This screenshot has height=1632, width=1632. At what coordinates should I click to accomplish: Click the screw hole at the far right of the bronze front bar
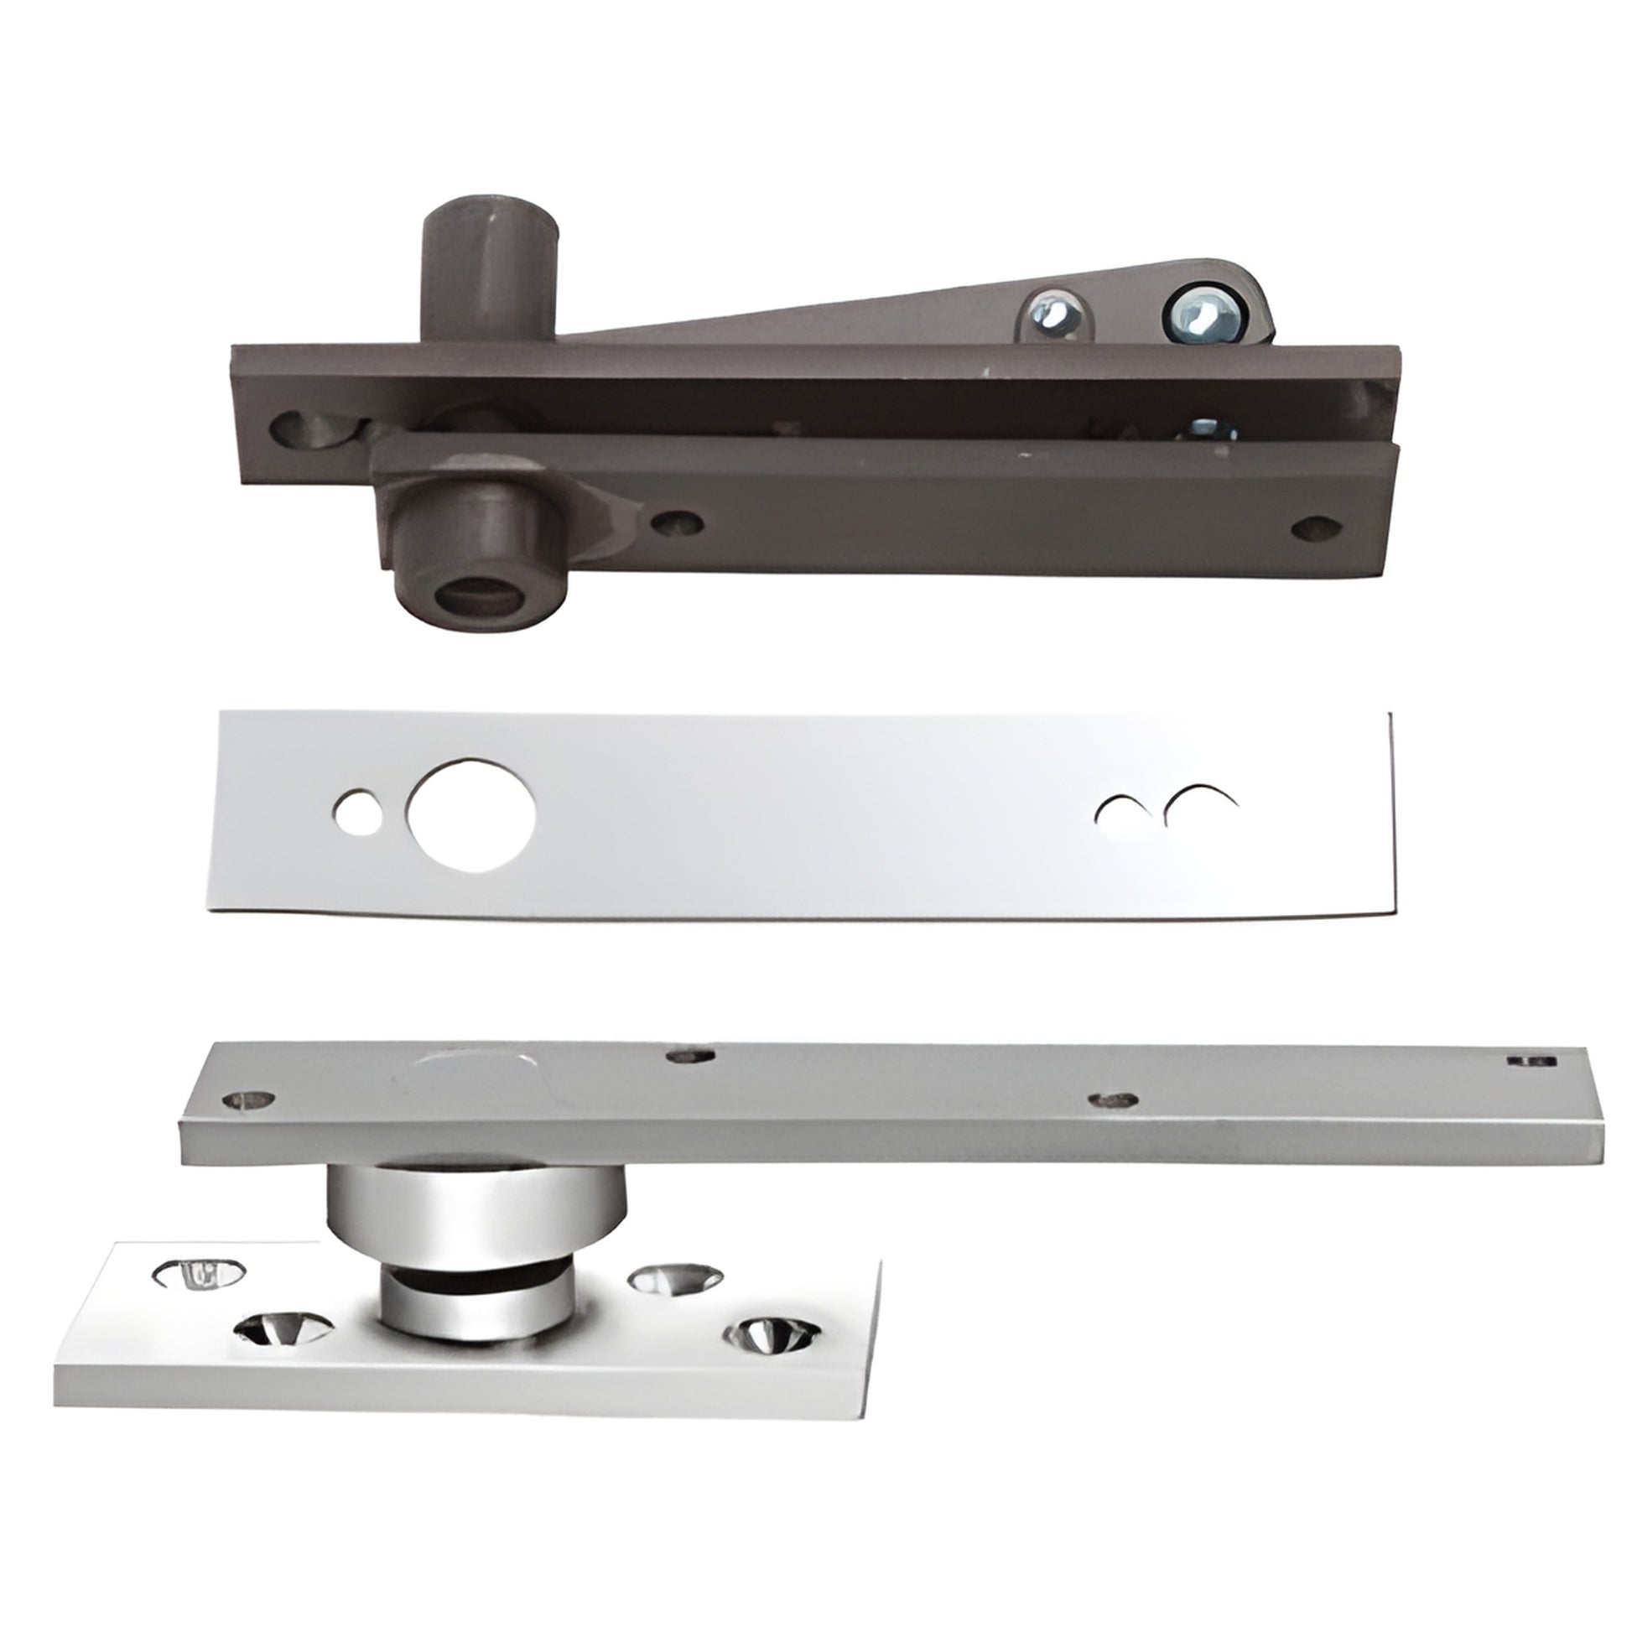point(1316,528)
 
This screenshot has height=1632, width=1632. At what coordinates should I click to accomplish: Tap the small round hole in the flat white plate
point(357,813)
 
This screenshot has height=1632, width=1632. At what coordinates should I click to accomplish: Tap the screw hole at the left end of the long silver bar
point(251,1099)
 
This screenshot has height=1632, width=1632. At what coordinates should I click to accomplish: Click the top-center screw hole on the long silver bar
point(691,1054)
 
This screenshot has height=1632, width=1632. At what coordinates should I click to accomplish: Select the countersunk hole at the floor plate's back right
point(676,1278)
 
